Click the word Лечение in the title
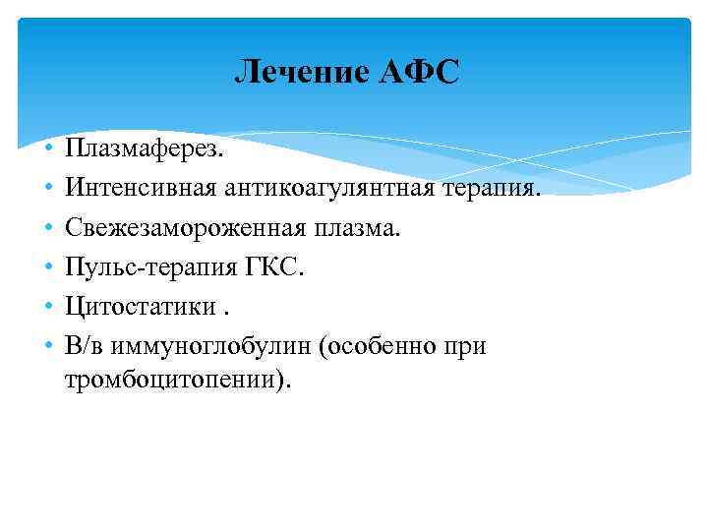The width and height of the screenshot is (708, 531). tap(300, 72)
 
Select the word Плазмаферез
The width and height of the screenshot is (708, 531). tap(145, 147)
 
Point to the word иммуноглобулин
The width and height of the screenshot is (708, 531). tap(196, 347)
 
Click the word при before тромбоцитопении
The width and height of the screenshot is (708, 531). tap(465, 347)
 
